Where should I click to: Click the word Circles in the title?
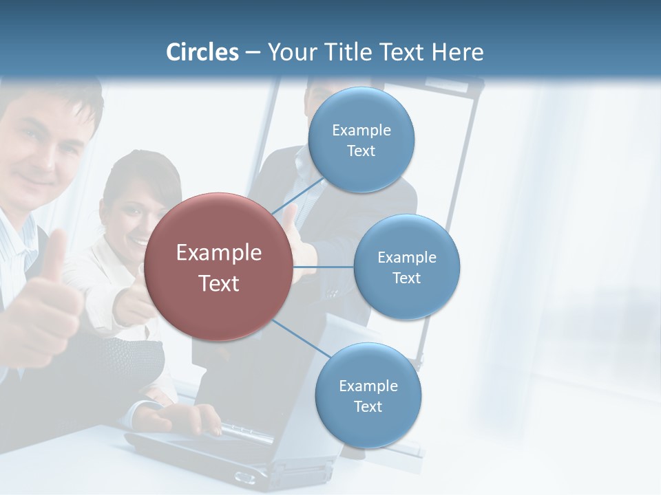coord(202,52)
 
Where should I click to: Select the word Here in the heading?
coord(457,52)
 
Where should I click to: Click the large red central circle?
coord(219,267)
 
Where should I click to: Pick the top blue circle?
coord(361,140)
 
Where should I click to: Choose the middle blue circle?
coord(406,267)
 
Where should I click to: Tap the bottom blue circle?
coord(368,395)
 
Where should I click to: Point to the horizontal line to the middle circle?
coord(324,267)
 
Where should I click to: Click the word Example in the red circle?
coord(219,252)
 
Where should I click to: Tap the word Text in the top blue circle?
coord(361,151)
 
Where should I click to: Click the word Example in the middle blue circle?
coord(406,257)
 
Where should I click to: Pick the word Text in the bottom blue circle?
coord(368,406)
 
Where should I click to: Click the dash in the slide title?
coord(252,52)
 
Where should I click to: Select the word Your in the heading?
coord(288,52)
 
